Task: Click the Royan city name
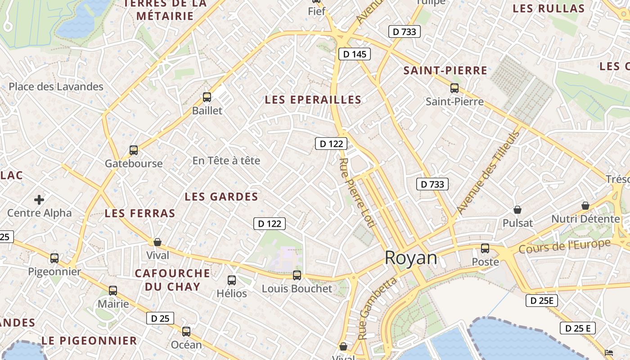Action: pos(410,258)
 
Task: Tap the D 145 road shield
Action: pos(354,54)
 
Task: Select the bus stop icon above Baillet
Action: pos(207,97)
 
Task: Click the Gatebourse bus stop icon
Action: pos(134,150)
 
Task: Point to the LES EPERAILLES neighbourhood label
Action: pos(313,100)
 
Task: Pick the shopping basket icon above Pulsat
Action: pos(517,210)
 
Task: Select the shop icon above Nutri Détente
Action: pos(585,206)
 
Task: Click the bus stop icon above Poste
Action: pos(485,248)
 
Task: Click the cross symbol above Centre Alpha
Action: pos(39,199)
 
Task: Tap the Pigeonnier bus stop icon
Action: pos(54,258)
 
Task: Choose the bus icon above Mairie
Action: pos(113,290)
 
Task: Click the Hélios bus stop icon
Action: pos(232,280)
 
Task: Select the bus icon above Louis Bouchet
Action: pos(297,275)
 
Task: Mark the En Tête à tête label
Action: pos(226,161)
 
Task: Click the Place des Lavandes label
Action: pos(56,87)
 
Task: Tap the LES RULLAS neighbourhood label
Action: pos(549,9)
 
